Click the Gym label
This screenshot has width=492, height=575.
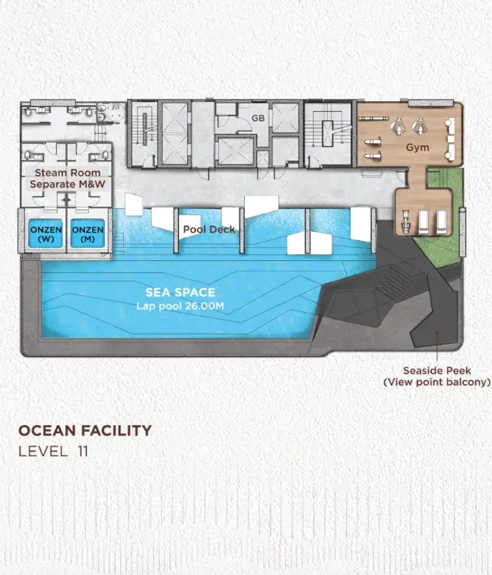click(x=417, y=148)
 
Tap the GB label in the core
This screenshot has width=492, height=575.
click(x=258, y=118)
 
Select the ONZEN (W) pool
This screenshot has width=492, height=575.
click(x=46, y=233)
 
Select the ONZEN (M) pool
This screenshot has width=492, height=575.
click(x=87, y=233)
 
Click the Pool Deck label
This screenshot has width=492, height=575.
click(x=209, y=230)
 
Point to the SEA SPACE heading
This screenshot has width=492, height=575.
click(x=180, y=292)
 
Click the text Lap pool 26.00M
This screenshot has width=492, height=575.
click(x=180, y=306)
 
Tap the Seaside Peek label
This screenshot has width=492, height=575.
click(x=437, y=370)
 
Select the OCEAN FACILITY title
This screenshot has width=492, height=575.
click(x=85, y=430)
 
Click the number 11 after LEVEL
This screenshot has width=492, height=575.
click(x=83, y=452)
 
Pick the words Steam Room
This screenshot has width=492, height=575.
click(x=68, y=173)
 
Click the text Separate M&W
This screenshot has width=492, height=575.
click(x=68, y=184)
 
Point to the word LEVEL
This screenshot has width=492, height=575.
click(x=43, y=452)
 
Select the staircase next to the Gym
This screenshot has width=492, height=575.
click(x=328, y=132)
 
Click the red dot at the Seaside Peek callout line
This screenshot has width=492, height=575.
click(x=436, y=332)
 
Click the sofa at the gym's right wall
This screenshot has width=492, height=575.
click(x=450, y=138)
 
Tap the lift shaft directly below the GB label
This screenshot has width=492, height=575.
click(x=236, y=151)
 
